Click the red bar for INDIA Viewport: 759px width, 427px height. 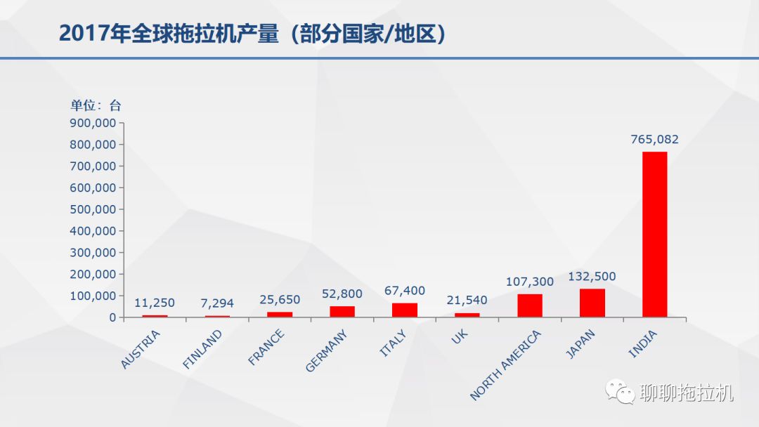tap(654, 235)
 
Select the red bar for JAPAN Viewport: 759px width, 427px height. tap(592, 303)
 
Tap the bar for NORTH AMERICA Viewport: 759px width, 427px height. tap(530, 306)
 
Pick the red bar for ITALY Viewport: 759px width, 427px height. tap(405, 310)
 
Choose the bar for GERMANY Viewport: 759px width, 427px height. tap(342, 311)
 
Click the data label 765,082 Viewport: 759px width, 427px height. tap(654, 139)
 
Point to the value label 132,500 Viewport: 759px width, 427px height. tap(592, 277)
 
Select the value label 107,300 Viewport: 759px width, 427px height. tap(530, 282)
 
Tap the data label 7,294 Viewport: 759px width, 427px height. tap(217, 303)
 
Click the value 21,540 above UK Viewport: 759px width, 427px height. tap(467, 301)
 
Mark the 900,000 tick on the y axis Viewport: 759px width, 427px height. tap(93, 123)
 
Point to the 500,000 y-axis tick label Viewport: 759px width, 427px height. tap(93, 209)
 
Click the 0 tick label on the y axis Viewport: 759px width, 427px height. tap(112, 317)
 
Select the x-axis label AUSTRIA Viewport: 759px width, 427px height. tap(142, 348)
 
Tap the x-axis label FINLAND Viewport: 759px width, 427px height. tap(203, 349)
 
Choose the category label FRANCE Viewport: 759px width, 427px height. tap(267, 347)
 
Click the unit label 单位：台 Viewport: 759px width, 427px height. tap(96, 106)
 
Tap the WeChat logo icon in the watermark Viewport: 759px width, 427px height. tap(621, 392)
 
